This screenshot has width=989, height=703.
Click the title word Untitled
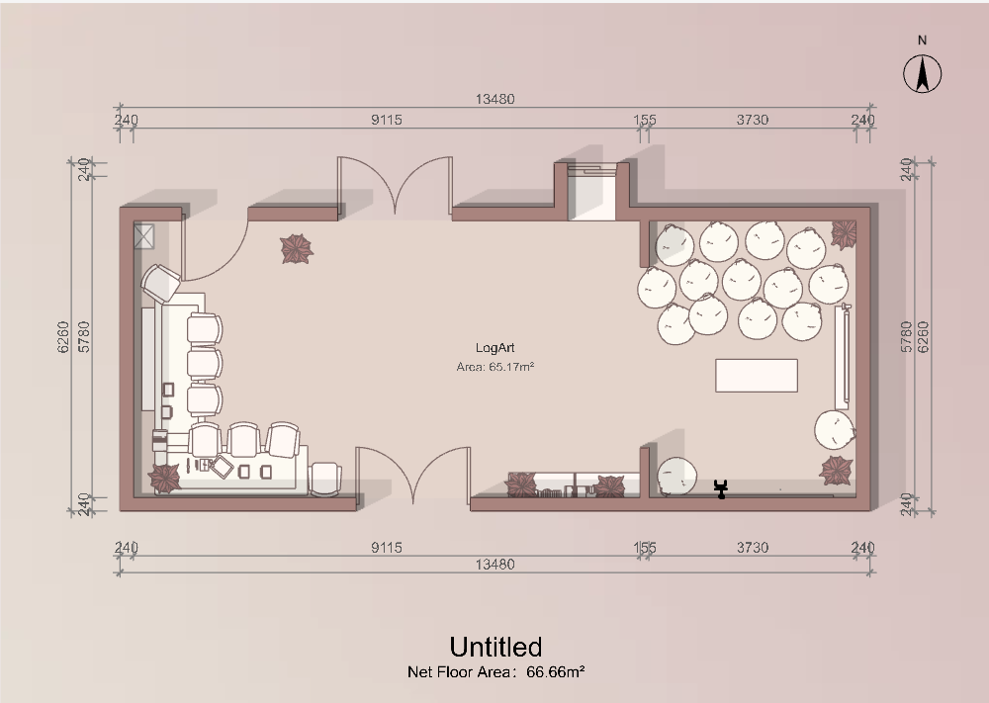pos(495,647)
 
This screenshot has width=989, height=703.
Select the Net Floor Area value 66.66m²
pos(556,672)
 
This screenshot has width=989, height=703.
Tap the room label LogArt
pos(495,348)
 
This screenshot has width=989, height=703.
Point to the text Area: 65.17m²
pos(495,366)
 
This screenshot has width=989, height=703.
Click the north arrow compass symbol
pos(922,74)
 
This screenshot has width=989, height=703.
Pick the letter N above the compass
pos(922,41)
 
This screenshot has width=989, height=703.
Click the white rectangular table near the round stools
pos(757,375)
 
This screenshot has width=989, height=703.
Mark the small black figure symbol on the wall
pos(721,489)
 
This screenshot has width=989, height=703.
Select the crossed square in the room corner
pos(143,236)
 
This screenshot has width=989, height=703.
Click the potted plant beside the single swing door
pos(297,248)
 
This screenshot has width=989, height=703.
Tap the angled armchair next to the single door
pos(161,284)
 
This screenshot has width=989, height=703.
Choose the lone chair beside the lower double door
pos(325,480)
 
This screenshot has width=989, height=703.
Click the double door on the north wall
pos(395,185)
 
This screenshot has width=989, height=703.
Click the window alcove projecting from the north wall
pos(591,191)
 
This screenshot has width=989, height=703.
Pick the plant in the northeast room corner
pos(844,234)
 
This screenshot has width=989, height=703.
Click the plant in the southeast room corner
pos(837,471)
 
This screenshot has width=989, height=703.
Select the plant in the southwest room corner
pos(164,479)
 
